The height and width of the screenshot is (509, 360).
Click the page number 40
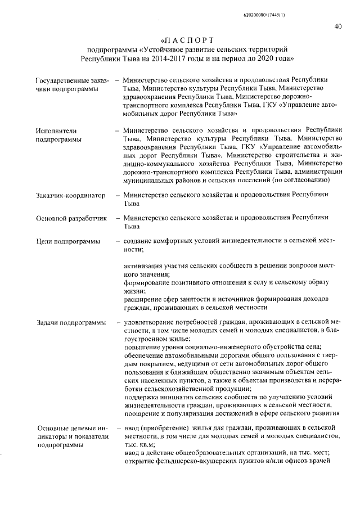(337, 26)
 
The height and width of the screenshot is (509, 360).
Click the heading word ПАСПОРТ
(187, 41)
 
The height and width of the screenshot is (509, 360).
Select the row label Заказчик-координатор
(70, 196)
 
